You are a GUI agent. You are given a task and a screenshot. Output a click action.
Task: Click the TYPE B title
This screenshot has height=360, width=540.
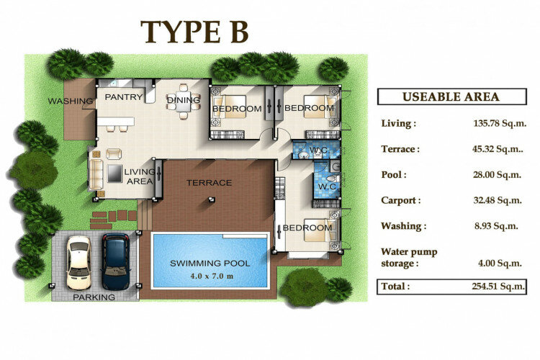(x=194, y=32)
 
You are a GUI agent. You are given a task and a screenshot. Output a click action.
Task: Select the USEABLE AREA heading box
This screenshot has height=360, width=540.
(x=452, y=96)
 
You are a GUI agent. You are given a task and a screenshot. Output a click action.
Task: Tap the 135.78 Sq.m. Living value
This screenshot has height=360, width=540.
(x=500, y=123)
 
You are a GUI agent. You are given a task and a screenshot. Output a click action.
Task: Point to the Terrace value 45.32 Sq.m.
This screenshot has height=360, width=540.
(x=498, y=149)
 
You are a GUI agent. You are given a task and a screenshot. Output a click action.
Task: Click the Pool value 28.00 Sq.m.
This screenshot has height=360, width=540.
(x=497, y=175)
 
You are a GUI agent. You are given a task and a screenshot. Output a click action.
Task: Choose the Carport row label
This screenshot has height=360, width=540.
(x=401, y=200)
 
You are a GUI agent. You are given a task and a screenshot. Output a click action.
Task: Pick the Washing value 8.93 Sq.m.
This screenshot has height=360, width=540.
(x=496, y=226)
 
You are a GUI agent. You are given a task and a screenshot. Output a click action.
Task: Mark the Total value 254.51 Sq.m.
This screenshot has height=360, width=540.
(x=498, y=287)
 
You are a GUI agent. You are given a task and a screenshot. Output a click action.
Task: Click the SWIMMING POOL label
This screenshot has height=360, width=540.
(x=210, y=264)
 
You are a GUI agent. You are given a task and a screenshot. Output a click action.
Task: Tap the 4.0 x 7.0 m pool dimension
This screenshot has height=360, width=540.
(x=212, y=276)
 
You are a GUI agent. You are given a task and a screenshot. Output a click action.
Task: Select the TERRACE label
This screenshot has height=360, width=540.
(x=209, y=183)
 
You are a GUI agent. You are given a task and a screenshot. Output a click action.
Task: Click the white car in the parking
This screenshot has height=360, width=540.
(x=79, y=263)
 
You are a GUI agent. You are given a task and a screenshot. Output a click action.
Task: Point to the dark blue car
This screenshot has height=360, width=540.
(x=116, y=261)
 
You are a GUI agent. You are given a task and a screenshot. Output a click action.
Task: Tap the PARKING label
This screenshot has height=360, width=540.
(x=94, y=297)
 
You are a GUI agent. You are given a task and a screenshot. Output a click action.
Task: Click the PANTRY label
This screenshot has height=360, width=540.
(x=124, y=97)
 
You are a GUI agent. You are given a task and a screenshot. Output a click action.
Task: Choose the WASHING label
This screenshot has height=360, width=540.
(x=71, y=101)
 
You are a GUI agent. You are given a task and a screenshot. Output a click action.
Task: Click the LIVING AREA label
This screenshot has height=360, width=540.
(x=140, y=176)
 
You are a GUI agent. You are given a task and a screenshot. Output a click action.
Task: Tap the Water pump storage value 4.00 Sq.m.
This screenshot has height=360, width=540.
(x=500, y=264)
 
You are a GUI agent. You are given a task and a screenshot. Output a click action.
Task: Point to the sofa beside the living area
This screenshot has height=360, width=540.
(x=96, y=174)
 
